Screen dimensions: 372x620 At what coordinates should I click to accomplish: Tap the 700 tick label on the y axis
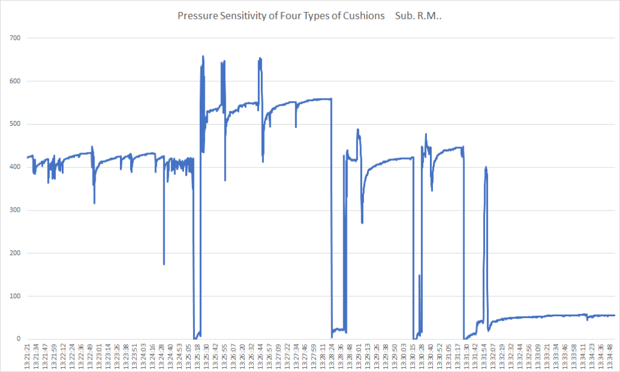(15, 38)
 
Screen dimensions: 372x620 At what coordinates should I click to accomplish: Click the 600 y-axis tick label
(15, 81)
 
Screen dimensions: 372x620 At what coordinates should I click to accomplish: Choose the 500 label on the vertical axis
(15, 124)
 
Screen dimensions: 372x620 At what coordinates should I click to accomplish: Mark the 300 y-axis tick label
(15, 210)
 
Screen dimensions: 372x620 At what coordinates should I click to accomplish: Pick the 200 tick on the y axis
(15, 253)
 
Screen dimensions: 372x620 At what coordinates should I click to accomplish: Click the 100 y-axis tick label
(15, 296)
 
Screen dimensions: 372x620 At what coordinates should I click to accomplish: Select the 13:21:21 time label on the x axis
(27, 356)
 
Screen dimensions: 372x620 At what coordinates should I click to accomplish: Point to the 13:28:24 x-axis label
(332, 356)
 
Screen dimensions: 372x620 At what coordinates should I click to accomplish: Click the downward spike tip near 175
(164, 264)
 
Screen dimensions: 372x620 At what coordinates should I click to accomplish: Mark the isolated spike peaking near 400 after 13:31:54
(486, 168)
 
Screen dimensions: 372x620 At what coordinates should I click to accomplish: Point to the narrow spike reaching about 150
(419, 276)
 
